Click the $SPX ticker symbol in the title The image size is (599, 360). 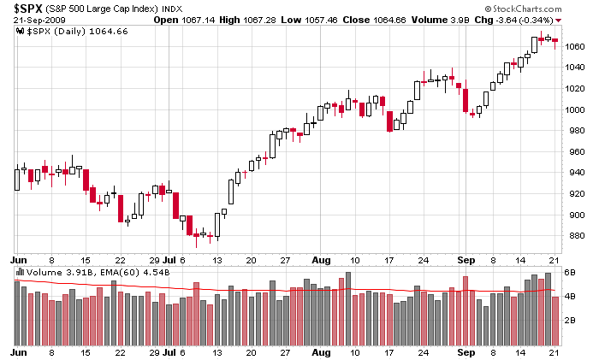tap(28, 7)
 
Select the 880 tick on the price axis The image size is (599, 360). tap(574, 236)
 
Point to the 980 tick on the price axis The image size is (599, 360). tap(574, 131)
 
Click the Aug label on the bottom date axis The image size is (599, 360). tap(321, 351)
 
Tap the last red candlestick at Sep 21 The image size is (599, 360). tap(555, 41)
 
